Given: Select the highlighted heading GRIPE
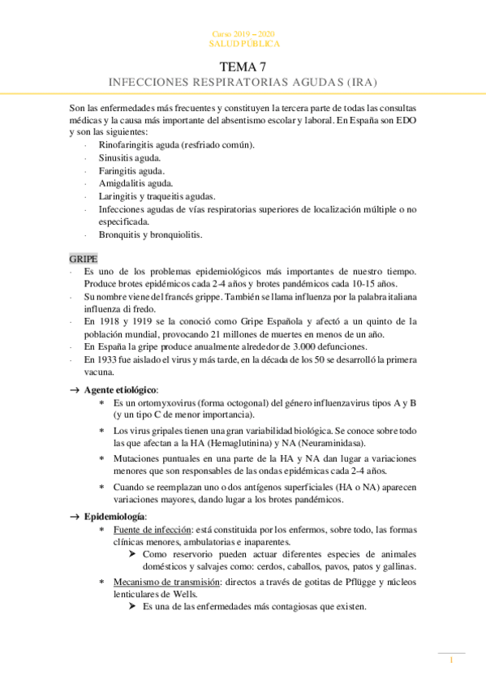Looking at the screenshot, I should tap(83, 258).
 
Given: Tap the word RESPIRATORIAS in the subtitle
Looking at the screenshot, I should tap(226, 83).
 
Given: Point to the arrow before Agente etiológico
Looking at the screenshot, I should tap(75, 390).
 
